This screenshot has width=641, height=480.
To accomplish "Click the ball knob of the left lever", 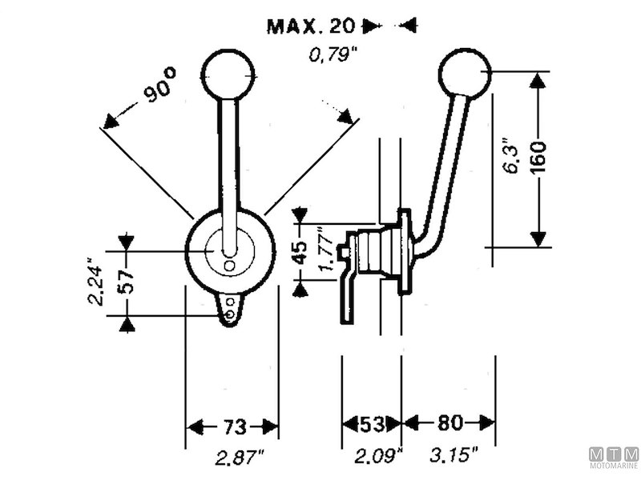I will click(228, 74).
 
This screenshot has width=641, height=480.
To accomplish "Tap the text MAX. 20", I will click(312, 26).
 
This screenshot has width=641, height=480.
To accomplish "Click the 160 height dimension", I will click(538, 158).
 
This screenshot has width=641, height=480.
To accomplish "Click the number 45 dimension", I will click(300, 252).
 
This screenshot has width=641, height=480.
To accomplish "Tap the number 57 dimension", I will click(126, 282).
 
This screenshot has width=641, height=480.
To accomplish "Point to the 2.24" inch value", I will click(95, 282).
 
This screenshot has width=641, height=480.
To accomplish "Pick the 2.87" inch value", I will click(240, 457).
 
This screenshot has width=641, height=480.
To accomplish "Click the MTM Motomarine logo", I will click(615, 457).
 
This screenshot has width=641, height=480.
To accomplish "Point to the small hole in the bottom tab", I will click(232, 314).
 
